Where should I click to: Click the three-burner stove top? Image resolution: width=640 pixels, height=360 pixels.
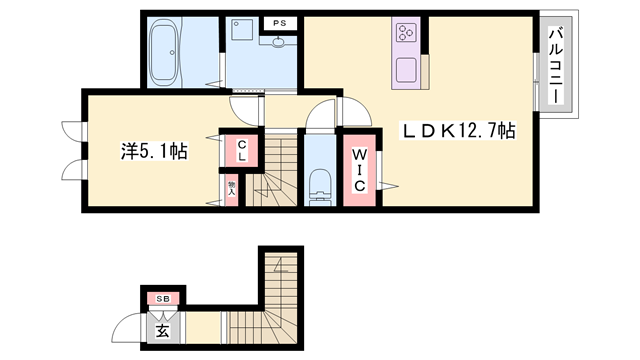coord(407,36)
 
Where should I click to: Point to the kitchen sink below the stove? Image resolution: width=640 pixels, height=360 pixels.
coord(406,71)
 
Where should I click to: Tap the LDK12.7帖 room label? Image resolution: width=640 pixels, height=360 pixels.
coord(459,130)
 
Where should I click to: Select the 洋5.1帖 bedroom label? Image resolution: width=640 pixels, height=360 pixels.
coord(149,152)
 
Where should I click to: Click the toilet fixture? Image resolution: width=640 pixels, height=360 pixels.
coord(321,185)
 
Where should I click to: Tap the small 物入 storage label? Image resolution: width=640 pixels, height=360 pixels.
coord(231,187)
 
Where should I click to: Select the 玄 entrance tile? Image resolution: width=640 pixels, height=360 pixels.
coord(161,328)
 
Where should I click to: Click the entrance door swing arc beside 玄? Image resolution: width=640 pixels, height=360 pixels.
coord(128,328)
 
